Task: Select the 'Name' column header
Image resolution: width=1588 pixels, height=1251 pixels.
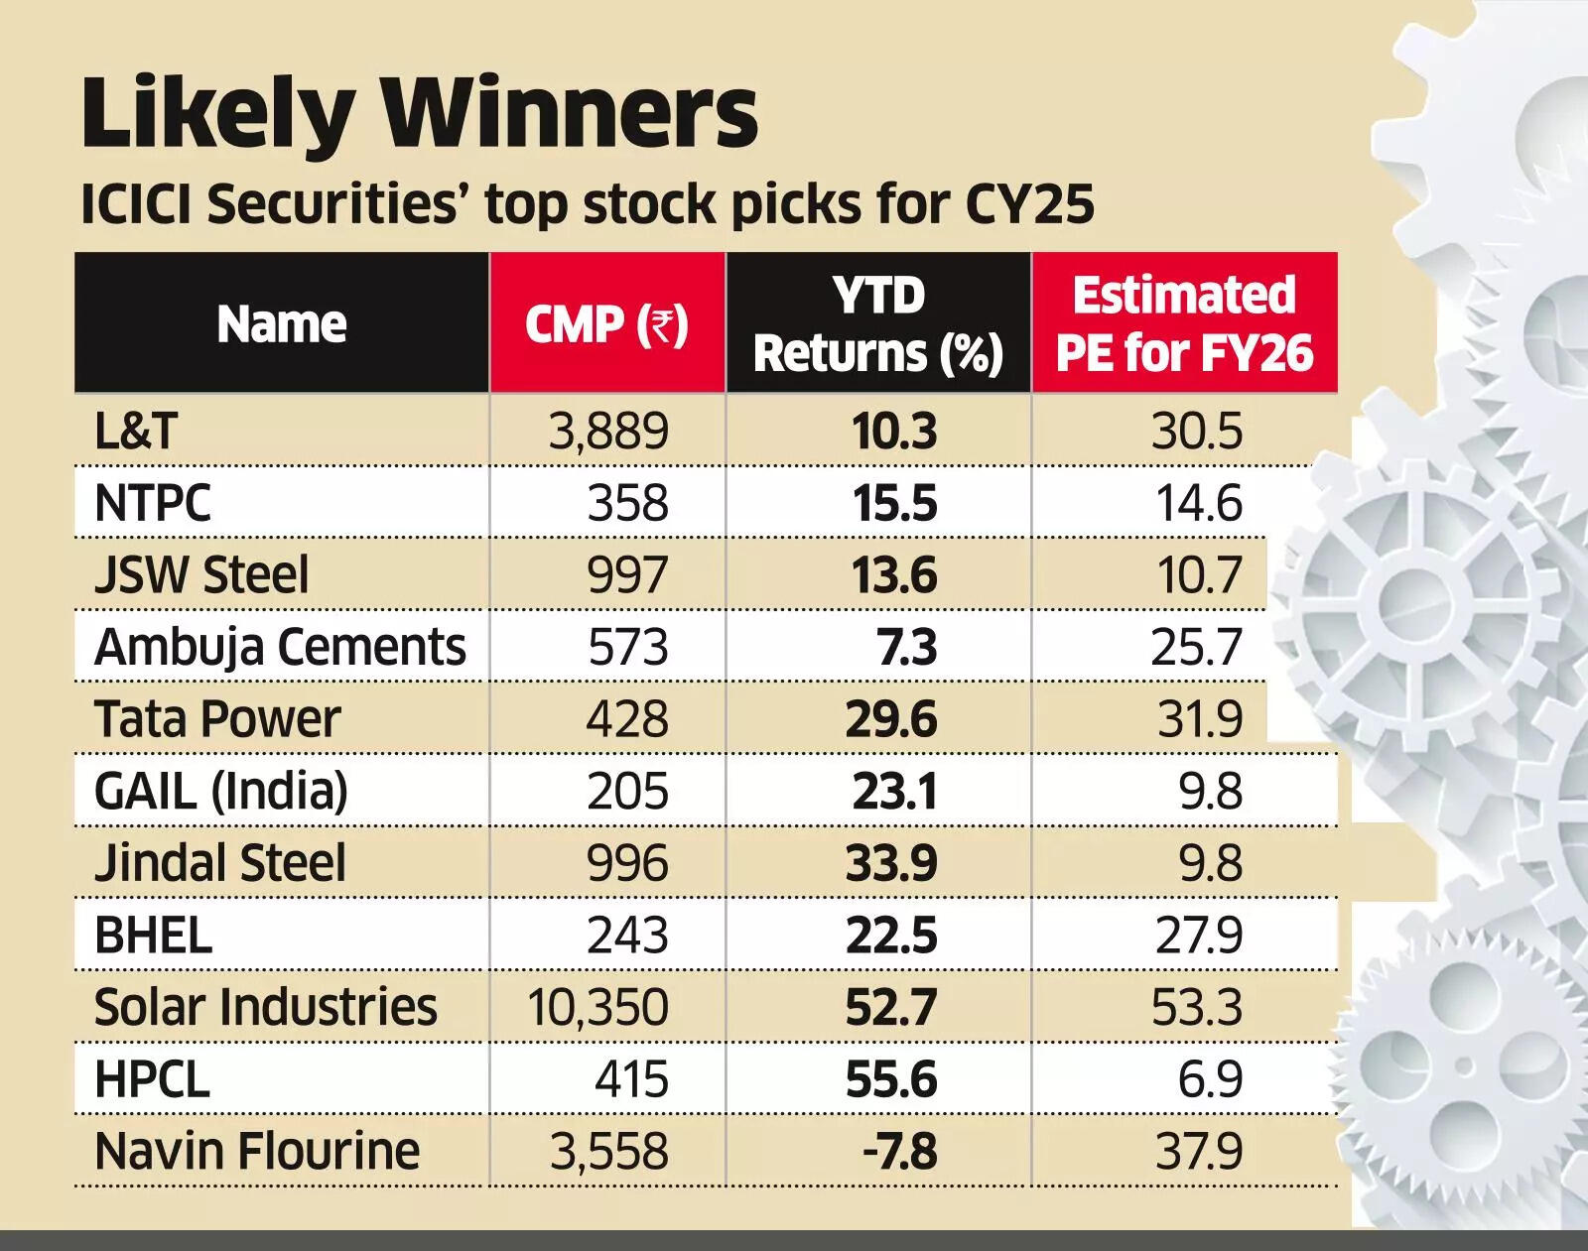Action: click(282, 324)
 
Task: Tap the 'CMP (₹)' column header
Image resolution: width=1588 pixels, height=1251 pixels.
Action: click(606, 324)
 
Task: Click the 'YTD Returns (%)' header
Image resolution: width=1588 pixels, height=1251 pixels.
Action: click(878, 324)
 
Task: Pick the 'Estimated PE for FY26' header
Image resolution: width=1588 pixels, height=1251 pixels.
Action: click(1184, 324)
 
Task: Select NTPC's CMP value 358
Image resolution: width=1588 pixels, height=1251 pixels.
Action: click(627, 504)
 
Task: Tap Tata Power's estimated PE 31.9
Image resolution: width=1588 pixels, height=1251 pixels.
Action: click(1199, 719)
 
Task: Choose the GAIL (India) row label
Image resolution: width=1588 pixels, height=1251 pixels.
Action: click(221, 792)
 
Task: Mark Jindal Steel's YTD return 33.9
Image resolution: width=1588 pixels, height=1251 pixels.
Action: click(890, 863)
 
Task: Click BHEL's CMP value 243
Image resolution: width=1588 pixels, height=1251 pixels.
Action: click(627, 936)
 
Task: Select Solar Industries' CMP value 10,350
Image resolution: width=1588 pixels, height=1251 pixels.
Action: click(597, 1007)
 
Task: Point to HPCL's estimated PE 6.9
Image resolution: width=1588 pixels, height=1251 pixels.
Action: click(1209, 1079)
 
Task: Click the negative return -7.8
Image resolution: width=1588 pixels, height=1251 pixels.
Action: click(896, 1152)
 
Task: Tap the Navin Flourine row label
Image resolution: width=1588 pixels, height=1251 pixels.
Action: click(257, 1152)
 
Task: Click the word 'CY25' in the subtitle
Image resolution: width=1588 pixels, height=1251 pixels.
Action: click(1029, 204)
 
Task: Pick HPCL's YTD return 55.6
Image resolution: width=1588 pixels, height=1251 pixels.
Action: click(890, 1079)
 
